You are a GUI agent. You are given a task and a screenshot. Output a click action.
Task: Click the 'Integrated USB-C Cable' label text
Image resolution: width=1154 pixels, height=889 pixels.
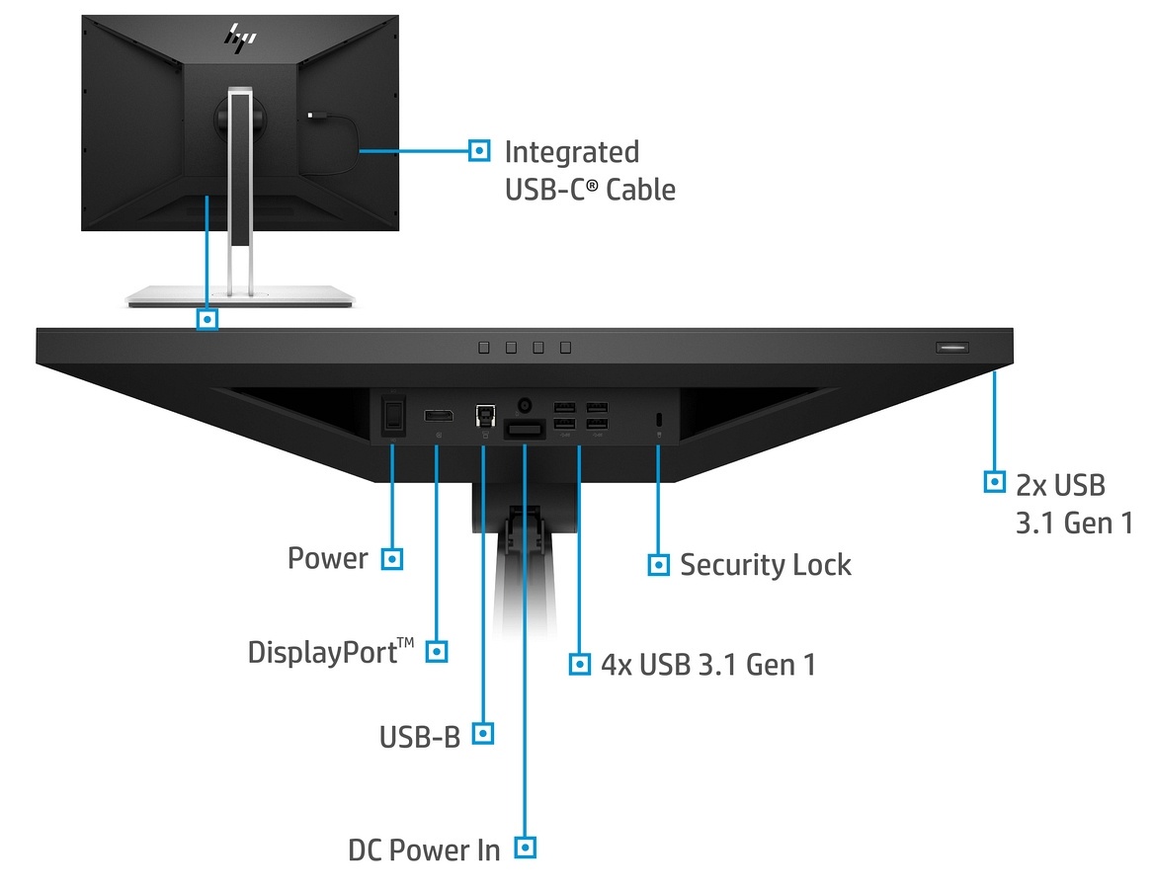tap(590, 170)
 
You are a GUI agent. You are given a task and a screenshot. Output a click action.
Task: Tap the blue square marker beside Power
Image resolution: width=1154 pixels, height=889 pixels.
tap(392, 559)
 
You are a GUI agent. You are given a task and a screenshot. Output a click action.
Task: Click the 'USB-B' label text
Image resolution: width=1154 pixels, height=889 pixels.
tap(420, 737)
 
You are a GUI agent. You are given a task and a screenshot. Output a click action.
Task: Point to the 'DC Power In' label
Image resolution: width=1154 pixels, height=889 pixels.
tap(424, 849)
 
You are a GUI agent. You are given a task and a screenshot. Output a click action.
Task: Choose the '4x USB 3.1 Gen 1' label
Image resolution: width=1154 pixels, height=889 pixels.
tap(708, 664)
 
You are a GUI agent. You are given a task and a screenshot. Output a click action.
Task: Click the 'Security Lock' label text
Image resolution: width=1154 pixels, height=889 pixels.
tap(765, 565)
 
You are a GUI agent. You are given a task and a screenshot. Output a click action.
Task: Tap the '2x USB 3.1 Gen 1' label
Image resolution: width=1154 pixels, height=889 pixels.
tap(1074, 503)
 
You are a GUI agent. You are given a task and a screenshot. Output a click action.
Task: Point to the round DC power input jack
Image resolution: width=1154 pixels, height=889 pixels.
tap(525, 405)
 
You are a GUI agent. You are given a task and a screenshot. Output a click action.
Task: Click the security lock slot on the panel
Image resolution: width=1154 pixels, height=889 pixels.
tap(659, 419)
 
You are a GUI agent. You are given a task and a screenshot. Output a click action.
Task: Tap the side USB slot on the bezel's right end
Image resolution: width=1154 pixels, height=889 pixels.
tap(952, 348)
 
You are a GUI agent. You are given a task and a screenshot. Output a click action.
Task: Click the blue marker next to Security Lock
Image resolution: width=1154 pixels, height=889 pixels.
tap(658, 565)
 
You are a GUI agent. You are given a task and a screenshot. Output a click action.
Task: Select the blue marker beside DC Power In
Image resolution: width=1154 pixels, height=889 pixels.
tap(526, 848)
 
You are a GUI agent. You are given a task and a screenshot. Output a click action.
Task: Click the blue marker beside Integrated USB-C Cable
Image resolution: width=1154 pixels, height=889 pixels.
tap(479, 151)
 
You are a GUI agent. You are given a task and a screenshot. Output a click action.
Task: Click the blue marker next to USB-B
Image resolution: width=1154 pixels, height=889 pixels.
tap(482, 733)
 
